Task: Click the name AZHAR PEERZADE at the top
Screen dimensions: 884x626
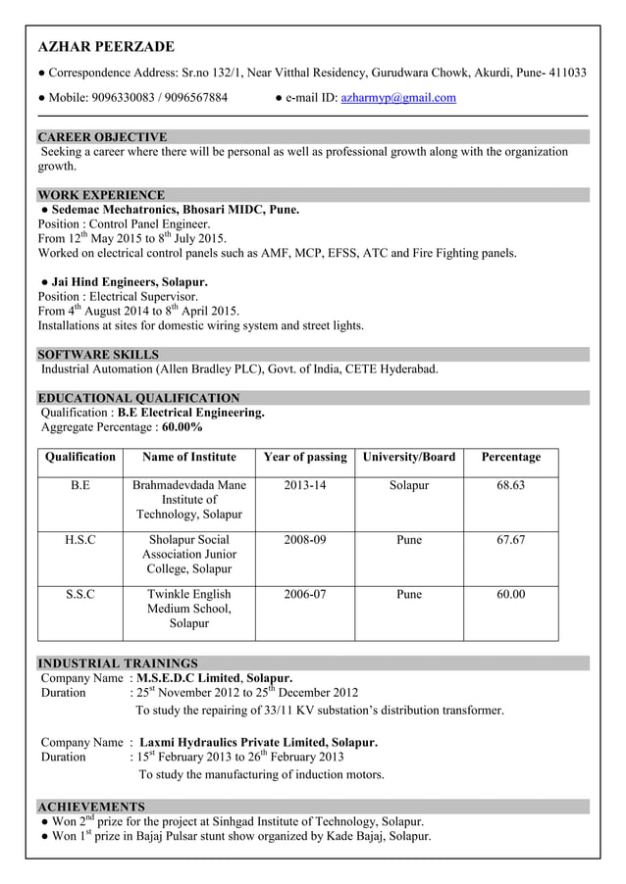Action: coord(106,47)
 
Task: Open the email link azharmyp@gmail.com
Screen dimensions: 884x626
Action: coord(398,98)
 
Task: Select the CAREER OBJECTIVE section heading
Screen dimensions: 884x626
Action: coord(102,137)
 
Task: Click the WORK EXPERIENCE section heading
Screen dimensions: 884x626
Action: coord(101,195)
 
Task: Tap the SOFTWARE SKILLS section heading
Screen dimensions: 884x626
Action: coord(98,354)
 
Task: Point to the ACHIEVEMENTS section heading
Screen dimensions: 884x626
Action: coord(91,806)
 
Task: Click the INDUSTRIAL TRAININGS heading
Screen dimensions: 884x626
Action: coord(118,663)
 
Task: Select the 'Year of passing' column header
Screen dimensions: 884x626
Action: coord(305,457)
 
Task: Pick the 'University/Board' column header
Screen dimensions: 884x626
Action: coord(408,457)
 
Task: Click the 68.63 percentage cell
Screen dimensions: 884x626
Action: coord(510,485)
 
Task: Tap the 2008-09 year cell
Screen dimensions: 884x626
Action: coord(305,540)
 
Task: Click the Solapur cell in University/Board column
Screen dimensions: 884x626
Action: coord(408,485)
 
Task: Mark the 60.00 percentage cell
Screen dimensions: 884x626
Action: coord(510,594)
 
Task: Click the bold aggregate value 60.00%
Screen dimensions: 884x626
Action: coord(183,427)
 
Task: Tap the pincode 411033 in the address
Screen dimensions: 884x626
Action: coord(566,73)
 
